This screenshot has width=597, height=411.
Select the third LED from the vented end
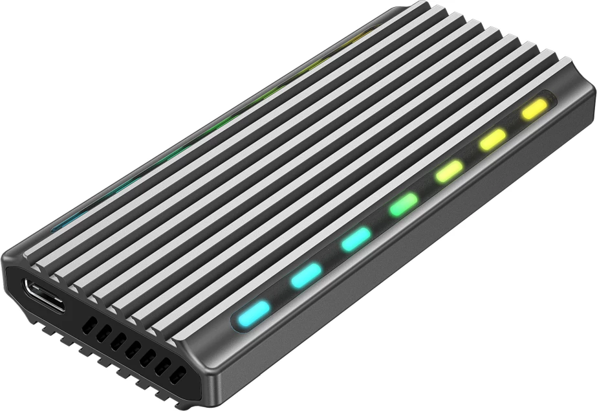[356, 239]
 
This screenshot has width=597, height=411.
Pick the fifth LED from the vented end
[449, 171]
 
